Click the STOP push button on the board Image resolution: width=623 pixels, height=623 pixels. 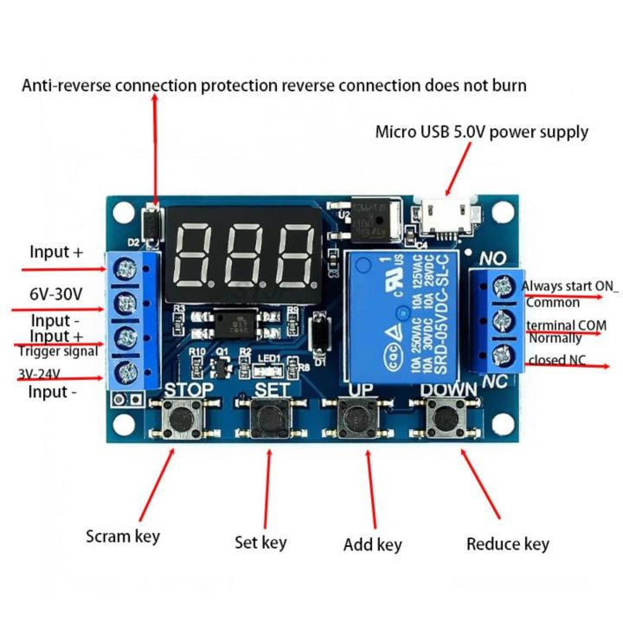click(x=185, y=420)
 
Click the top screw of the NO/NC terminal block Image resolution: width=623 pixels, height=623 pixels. click(x=500, y=286)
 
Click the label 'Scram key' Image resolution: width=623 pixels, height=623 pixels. click(x=123, y=536)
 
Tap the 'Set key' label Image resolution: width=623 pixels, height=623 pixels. click(x=260, y=543)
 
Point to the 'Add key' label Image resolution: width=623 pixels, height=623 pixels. click(x=373, y=544)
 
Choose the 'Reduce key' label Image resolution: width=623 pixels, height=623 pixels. click(x=508, y=543)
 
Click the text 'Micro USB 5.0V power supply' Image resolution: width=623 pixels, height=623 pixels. click(x=482, y=132)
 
